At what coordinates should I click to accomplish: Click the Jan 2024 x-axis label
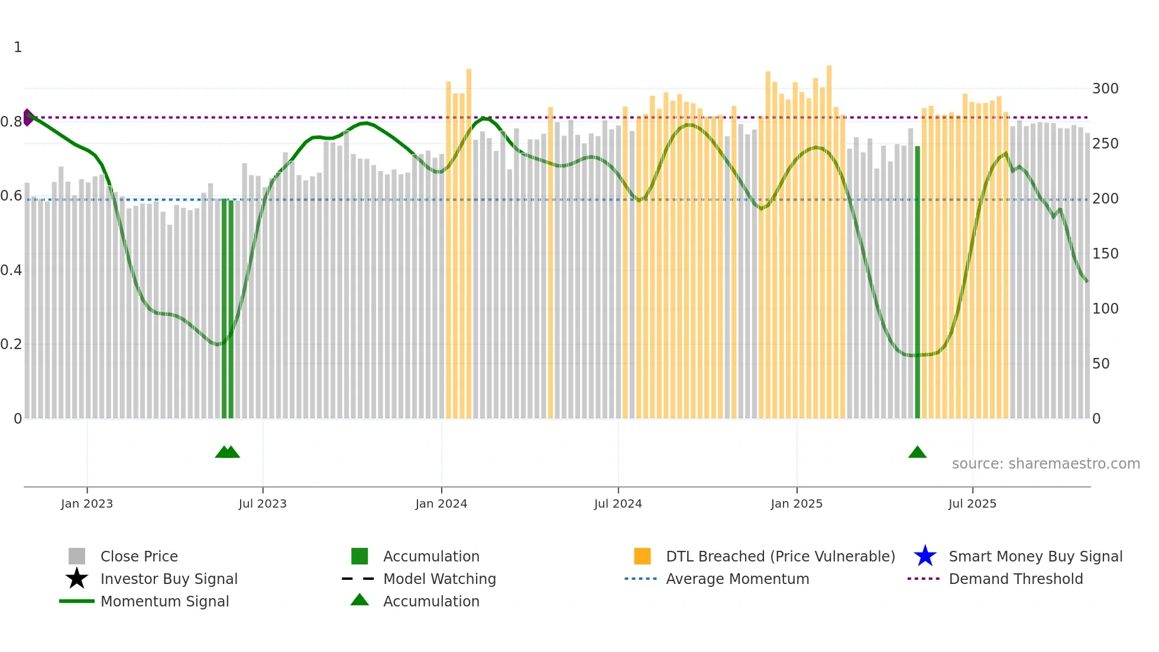(x=441, y=503)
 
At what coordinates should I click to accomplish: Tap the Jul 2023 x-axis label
(x=263, y=503)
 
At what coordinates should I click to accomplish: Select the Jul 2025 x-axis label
(x=972, y=503)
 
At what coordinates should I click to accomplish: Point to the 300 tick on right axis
(x=1105, y=89)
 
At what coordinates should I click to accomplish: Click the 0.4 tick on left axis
(x=11, y=270)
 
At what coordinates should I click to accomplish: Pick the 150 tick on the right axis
(x=1105, y=254)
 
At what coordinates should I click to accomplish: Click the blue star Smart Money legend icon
(x=925, y=556)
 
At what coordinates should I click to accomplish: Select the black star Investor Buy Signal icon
(x=77, y=579)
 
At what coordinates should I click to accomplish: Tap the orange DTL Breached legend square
(x=642, y=556)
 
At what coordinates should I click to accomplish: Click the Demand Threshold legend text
(x=1015, y=579)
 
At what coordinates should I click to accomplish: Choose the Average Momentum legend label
(x=737, y=579)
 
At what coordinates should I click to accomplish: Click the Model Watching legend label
(x=439, y=579)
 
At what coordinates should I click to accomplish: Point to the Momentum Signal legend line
(x=77, y=601)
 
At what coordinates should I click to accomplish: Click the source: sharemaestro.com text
(x=1045, y=464)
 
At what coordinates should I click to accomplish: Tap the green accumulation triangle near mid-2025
(x=917, y=453)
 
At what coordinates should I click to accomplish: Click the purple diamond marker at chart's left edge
(x=27, y=117)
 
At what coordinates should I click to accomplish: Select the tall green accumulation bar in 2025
(x=917, y=284)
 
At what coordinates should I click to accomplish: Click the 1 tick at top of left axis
(x=18, y=47)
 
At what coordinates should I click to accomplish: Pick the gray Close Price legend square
(x=77, y=556)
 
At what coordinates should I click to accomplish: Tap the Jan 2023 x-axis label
(x=86, y=503)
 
